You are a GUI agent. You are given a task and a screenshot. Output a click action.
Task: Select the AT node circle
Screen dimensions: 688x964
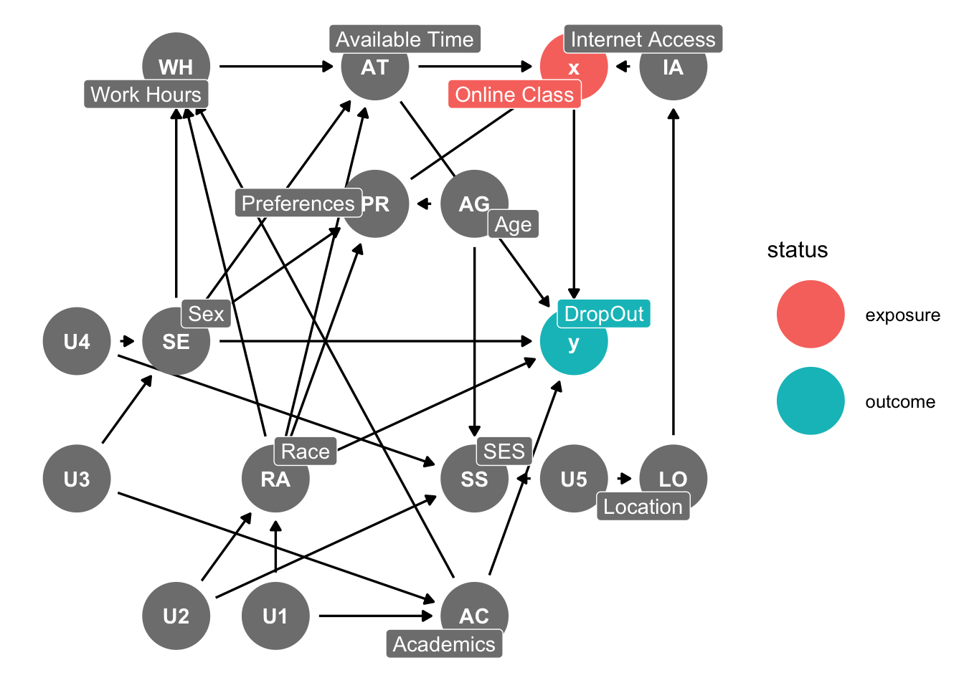[x=374, y=67]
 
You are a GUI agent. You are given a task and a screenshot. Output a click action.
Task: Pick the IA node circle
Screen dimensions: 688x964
[x=673, y=67]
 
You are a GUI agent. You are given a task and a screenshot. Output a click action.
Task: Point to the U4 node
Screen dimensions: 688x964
[x=77, y=341]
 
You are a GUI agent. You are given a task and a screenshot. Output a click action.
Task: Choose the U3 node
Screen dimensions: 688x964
[x=77, y=479]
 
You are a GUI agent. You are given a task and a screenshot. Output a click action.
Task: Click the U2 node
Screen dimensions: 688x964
[x=176, y=616]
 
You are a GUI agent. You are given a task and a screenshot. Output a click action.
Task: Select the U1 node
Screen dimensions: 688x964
[x=275, y=616]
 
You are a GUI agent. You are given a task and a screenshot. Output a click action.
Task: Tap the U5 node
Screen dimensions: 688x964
[x=573, y=479]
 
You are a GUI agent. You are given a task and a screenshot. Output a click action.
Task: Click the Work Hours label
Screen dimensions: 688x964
[x=146, y=95]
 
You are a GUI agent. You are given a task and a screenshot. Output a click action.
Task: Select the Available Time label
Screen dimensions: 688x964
[x=405, y=39]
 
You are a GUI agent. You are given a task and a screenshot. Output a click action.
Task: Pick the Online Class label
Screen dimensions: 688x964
[x=514, y=95]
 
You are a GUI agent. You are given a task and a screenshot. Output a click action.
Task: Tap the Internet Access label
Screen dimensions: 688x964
[x=643, y=39]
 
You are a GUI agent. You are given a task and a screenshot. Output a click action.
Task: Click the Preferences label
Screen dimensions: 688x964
[x=298, y=204]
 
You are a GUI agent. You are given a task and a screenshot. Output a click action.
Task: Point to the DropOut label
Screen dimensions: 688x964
[x=604, y=314]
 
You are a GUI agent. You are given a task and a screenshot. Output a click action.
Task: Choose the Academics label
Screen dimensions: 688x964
[x=444, y=644]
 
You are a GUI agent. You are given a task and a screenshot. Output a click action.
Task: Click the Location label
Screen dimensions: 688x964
[x=643, y=507]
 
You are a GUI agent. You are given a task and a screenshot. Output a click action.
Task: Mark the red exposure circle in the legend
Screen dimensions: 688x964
[x=811, y=315]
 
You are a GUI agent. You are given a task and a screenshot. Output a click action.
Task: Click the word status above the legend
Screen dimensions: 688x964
[x=797, y=250]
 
